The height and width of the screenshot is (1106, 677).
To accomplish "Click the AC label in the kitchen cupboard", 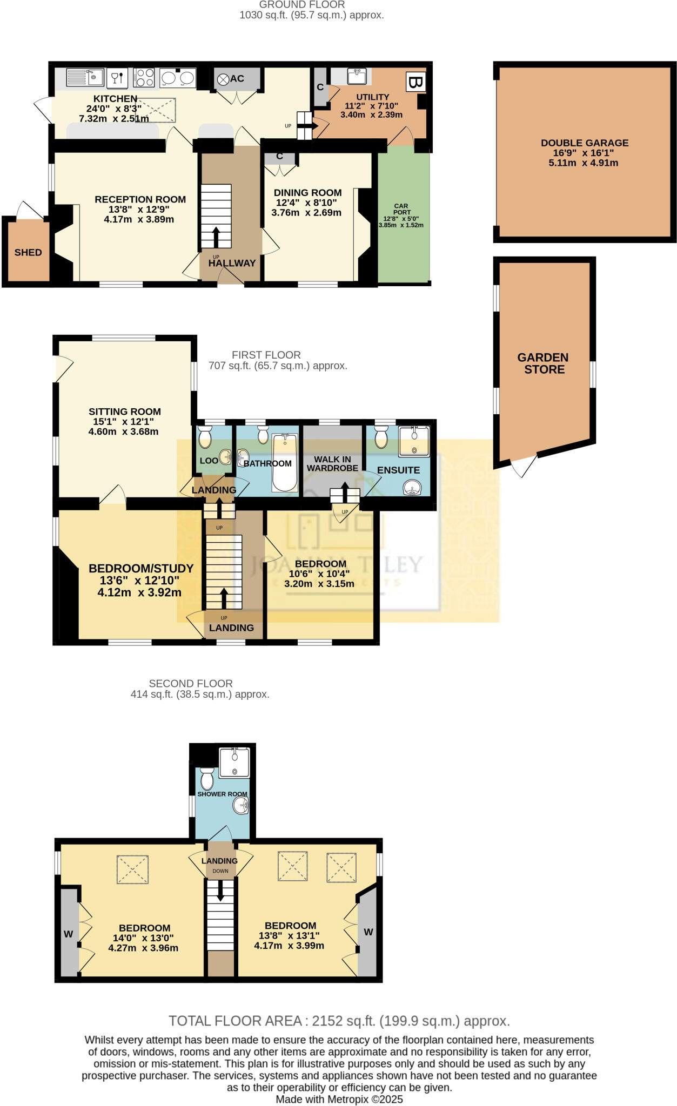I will tap(237, 79).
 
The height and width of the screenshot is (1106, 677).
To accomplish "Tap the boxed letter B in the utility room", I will tap(415, 83).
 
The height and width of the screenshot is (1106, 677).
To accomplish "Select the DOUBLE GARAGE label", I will tap(585, 143).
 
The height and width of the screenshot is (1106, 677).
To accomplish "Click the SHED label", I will tap(28, 252).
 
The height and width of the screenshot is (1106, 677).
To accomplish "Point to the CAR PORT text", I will tap(401, 209).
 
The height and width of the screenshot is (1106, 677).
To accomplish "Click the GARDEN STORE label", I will tap(544, 363).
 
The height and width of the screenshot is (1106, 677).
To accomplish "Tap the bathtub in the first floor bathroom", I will tap(285, 462).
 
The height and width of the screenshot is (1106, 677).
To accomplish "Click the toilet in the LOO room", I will tap(205, 437).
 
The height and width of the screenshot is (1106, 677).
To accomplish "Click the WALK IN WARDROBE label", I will tap(332, 464).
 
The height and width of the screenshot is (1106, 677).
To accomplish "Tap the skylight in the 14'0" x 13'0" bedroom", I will tap(132, 869).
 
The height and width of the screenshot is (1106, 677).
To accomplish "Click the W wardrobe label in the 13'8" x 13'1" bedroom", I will tap(368, 932).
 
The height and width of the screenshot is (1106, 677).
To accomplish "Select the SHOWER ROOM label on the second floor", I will tap(222, 794).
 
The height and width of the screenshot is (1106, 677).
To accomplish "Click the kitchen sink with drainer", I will tap(85, 77).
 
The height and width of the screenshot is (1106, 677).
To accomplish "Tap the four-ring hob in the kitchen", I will tap(144, 77).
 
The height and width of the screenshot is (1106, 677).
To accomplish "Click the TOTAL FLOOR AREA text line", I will tap(339, 1021).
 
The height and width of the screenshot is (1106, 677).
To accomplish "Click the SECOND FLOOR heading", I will tap(191, 683).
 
